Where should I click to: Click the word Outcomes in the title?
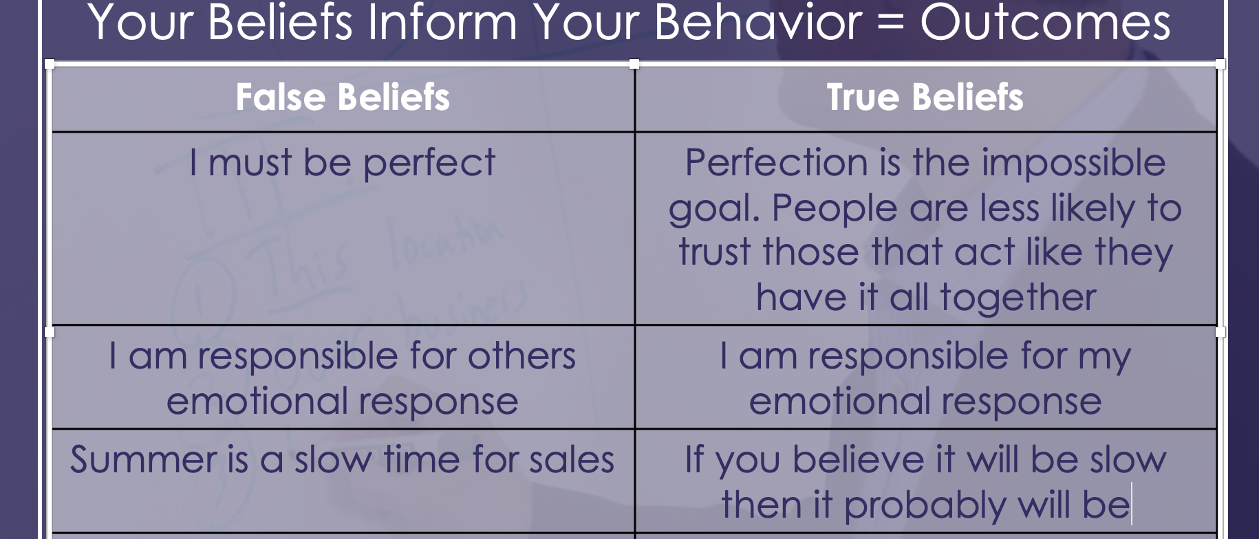pyautogui.click(x=1045, y=23)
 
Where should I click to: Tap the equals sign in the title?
pyautogui.click(x=891, y=23)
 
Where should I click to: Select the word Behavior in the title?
pyautogui.click(x=757, y=23)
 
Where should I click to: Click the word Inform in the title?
pyautogui.click(x=442, y=23)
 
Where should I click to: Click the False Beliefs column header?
pyautogui.click(x=343, y=97)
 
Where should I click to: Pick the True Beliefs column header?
pyautogui.click(x=925, y=97)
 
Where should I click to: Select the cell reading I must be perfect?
pyautogui.click(x=342, y=163)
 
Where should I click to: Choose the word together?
pyautogui.click(x=1018, y=298)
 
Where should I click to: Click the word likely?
pyautogui.click(x=1093, y=208)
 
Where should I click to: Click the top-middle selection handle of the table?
pyautogui.click(x=634, y=64)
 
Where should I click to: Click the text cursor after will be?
pyautogui.click(x=1132, y=505)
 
